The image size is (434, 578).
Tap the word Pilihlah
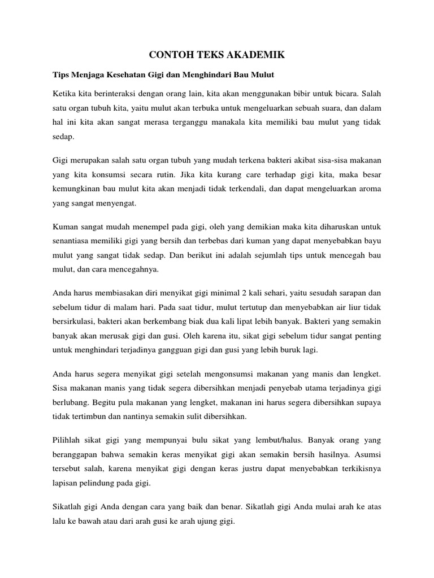click(67, 440)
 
